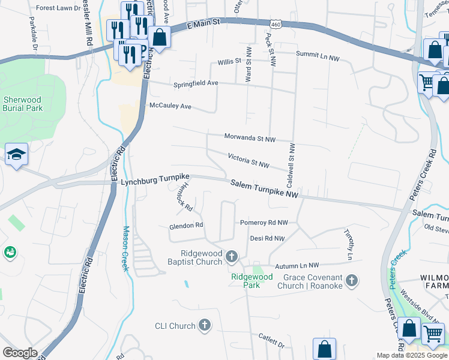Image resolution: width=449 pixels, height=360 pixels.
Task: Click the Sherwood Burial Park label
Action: [x=23, y=104]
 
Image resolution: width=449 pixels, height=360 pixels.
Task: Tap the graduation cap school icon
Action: [x=16, y=155]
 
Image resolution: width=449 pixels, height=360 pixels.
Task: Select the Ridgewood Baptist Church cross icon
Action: [x=232, y=257]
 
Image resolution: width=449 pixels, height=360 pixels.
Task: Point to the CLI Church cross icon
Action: [x=205, y=326]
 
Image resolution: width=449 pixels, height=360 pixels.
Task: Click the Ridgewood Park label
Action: [x=252, y=281]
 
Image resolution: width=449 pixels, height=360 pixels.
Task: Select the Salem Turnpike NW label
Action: [x=265, y=190]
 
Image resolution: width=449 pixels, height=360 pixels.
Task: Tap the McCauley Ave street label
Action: [x=169, y=106]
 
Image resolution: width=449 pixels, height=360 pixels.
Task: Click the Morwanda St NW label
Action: [x=250, y=138]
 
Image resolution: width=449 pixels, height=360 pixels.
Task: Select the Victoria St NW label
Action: [x=249, y=160]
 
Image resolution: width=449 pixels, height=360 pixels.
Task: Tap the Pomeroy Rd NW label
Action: [x=264, y=222]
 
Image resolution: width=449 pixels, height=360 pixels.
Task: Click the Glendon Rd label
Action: [x=186, y=226]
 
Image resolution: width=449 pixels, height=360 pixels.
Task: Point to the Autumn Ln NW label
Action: [x=297, y=265]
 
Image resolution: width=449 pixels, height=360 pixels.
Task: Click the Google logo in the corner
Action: [x=20, y=353]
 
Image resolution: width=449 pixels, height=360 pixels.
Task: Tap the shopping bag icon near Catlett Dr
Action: [x=324, y=348]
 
